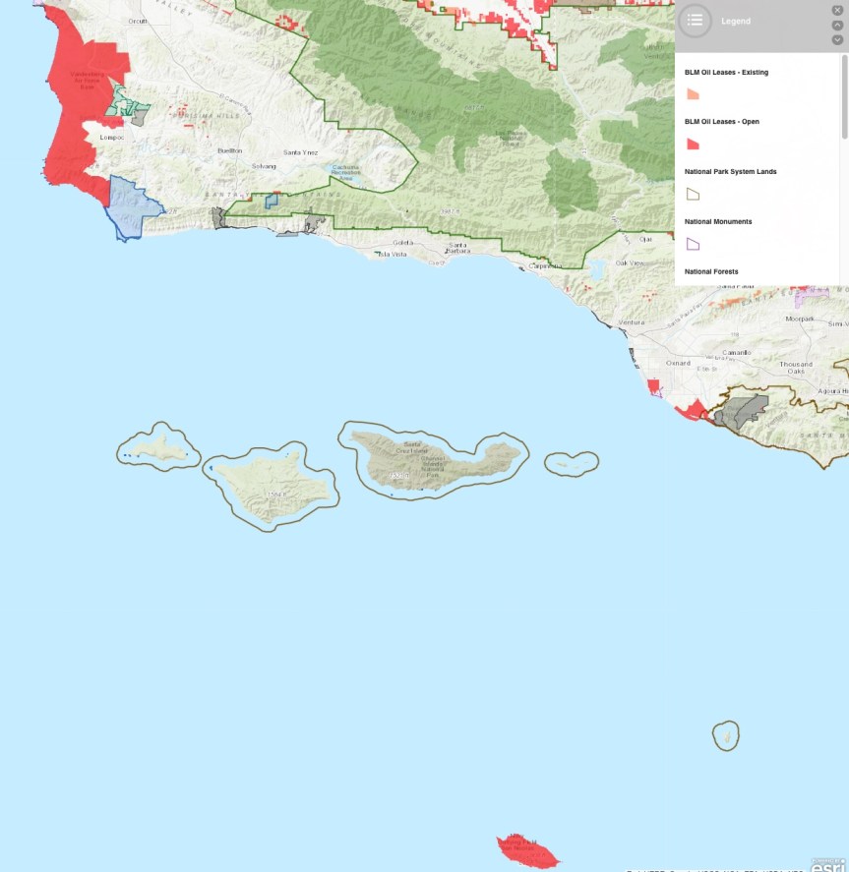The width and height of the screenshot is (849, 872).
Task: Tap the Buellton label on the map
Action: click(230, 150)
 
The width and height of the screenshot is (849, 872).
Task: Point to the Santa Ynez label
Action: click(300, 152)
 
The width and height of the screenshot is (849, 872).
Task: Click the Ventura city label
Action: click(632, 322)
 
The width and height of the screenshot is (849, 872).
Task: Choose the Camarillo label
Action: click(737, 351)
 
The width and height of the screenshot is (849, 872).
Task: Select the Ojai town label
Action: click(645, 238)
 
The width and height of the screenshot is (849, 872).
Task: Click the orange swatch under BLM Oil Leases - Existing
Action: click(693, 94)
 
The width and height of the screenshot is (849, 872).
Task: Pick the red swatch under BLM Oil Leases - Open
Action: click(693, 145)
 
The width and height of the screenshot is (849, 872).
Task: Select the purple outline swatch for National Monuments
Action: click(693, 243)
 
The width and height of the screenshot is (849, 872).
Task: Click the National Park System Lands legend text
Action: click(730, 172)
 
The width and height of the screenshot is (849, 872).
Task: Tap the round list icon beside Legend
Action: click(696, 20)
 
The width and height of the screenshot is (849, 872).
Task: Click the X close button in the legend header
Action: click(837, 10)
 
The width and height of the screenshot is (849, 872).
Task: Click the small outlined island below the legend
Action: click(726, 735)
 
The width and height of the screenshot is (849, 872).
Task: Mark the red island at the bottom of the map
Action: click(528, 848)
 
